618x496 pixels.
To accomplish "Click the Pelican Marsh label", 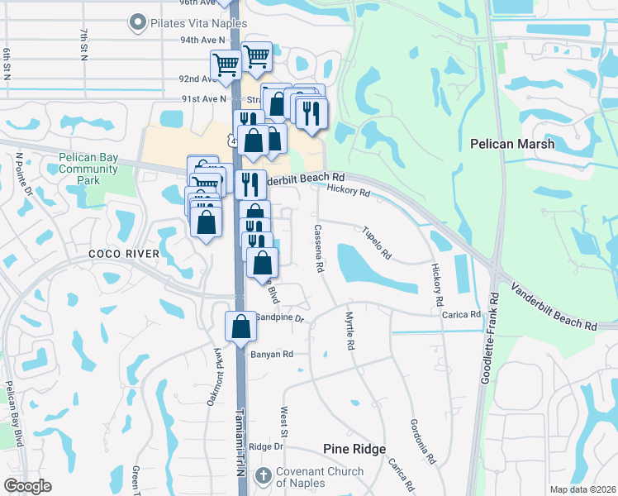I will tap(511, 144).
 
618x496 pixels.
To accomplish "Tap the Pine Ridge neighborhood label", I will tap(354, 449).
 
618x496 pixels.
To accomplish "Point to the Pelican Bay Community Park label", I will tap(88, 169).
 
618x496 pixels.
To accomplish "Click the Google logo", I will tap(27, 487).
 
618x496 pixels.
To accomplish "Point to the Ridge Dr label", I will tap(266, 446).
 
